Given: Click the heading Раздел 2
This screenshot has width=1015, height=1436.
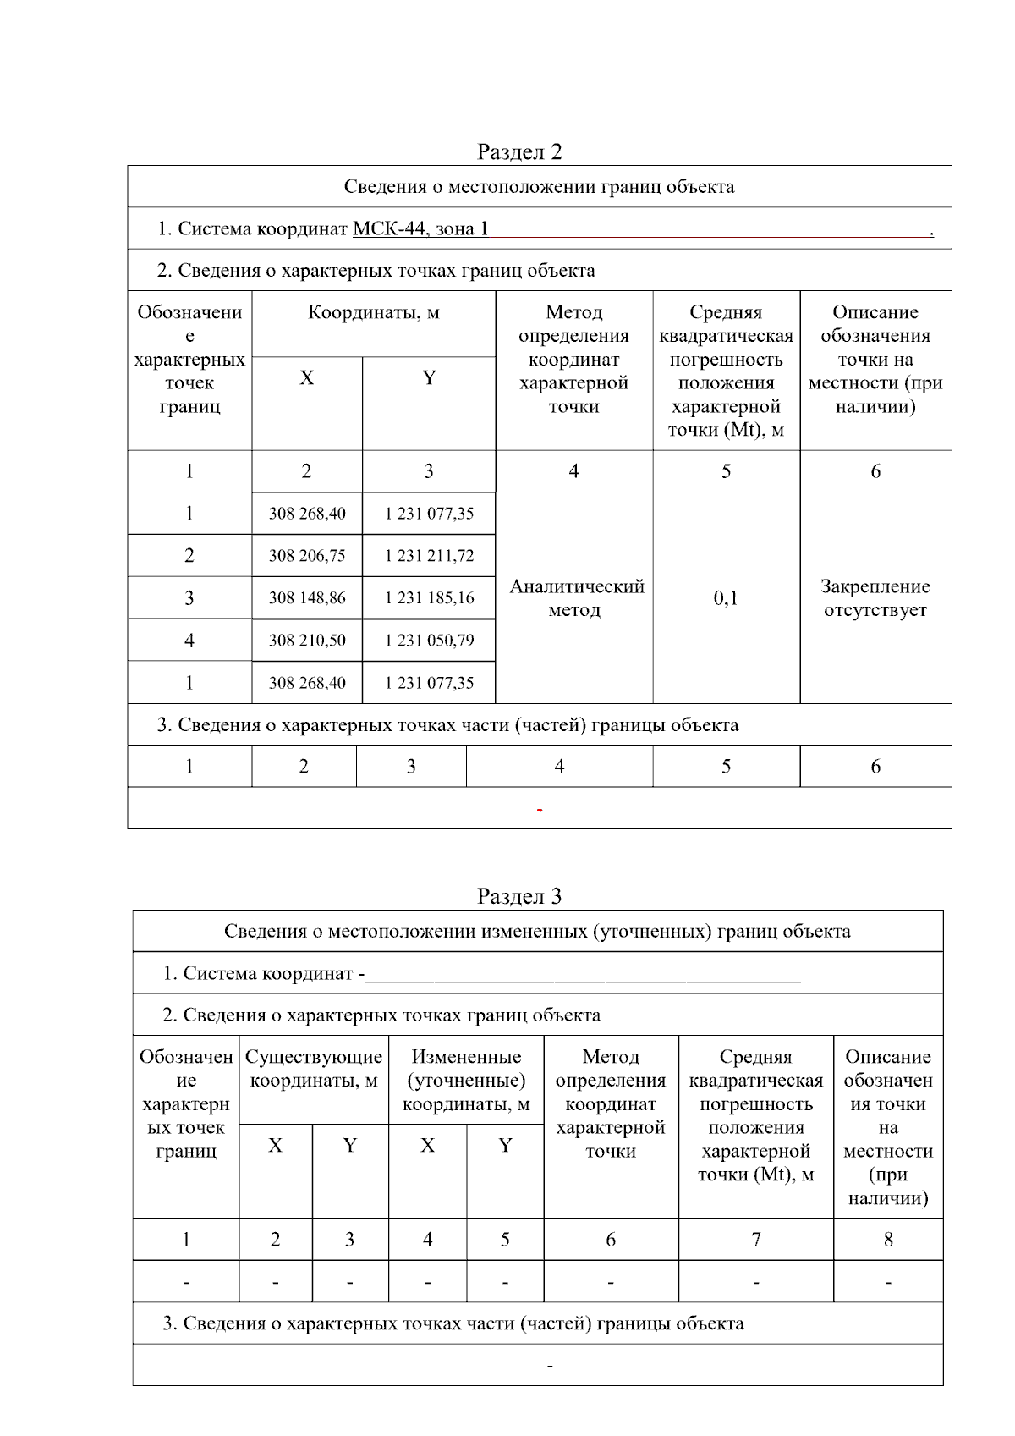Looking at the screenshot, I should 518,151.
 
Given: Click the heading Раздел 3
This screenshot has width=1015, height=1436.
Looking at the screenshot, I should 518,896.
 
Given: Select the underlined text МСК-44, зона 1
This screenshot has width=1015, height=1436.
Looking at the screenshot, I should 420,228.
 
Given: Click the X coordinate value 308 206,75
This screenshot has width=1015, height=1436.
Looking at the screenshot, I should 307,556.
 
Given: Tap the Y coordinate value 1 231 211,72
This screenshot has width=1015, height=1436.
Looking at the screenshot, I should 429,556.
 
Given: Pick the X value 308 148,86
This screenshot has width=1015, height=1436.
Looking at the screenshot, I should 307,598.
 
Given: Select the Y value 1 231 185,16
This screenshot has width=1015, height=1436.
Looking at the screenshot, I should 429,598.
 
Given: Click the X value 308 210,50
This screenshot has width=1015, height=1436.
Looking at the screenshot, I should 307,641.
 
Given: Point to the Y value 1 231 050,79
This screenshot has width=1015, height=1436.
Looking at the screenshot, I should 429,641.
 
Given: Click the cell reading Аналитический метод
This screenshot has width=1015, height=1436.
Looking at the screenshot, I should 575,598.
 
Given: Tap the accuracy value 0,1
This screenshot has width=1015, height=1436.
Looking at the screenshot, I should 726,598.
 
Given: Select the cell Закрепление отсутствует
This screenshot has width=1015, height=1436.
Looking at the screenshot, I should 875,598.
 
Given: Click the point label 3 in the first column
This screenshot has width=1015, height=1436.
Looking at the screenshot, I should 189,598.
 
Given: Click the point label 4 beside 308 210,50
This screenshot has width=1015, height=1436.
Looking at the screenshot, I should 189,641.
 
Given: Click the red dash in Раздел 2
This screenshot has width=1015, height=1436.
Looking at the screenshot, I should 540,811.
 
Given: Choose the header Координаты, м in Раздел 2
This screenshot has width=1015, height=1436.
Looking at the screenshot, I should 373,313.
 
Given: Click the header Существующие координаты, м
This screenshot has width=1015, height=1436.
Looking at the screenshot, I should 314,1069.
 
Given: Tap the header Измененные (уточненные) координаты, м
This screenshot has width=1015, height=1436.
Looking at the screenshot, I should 466,1080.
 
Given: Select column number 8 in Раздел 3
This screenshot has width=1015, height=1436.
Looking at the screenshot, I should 888,1240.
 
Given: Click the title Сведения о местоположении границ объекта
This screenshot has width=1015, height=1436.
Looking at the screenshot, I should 539,187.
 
